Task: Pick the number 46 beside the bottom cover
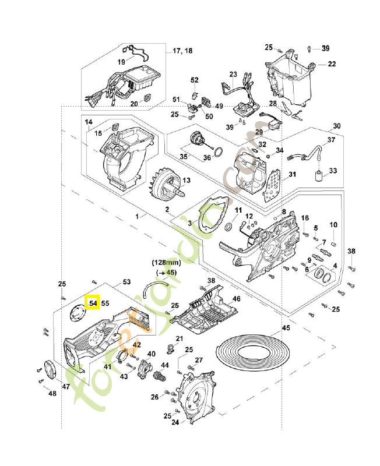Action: coord(237,298)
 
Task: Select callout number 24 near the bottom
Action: coord(174,422)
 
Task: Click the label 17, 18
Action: coord(182,51)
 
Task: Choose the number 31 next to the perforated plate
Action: coord(292,174)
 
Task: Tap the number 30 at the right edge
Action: coord(336,126)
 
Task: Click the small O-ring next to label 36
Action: coord(217,154)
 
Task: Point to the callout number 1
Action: coord(138,216)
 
